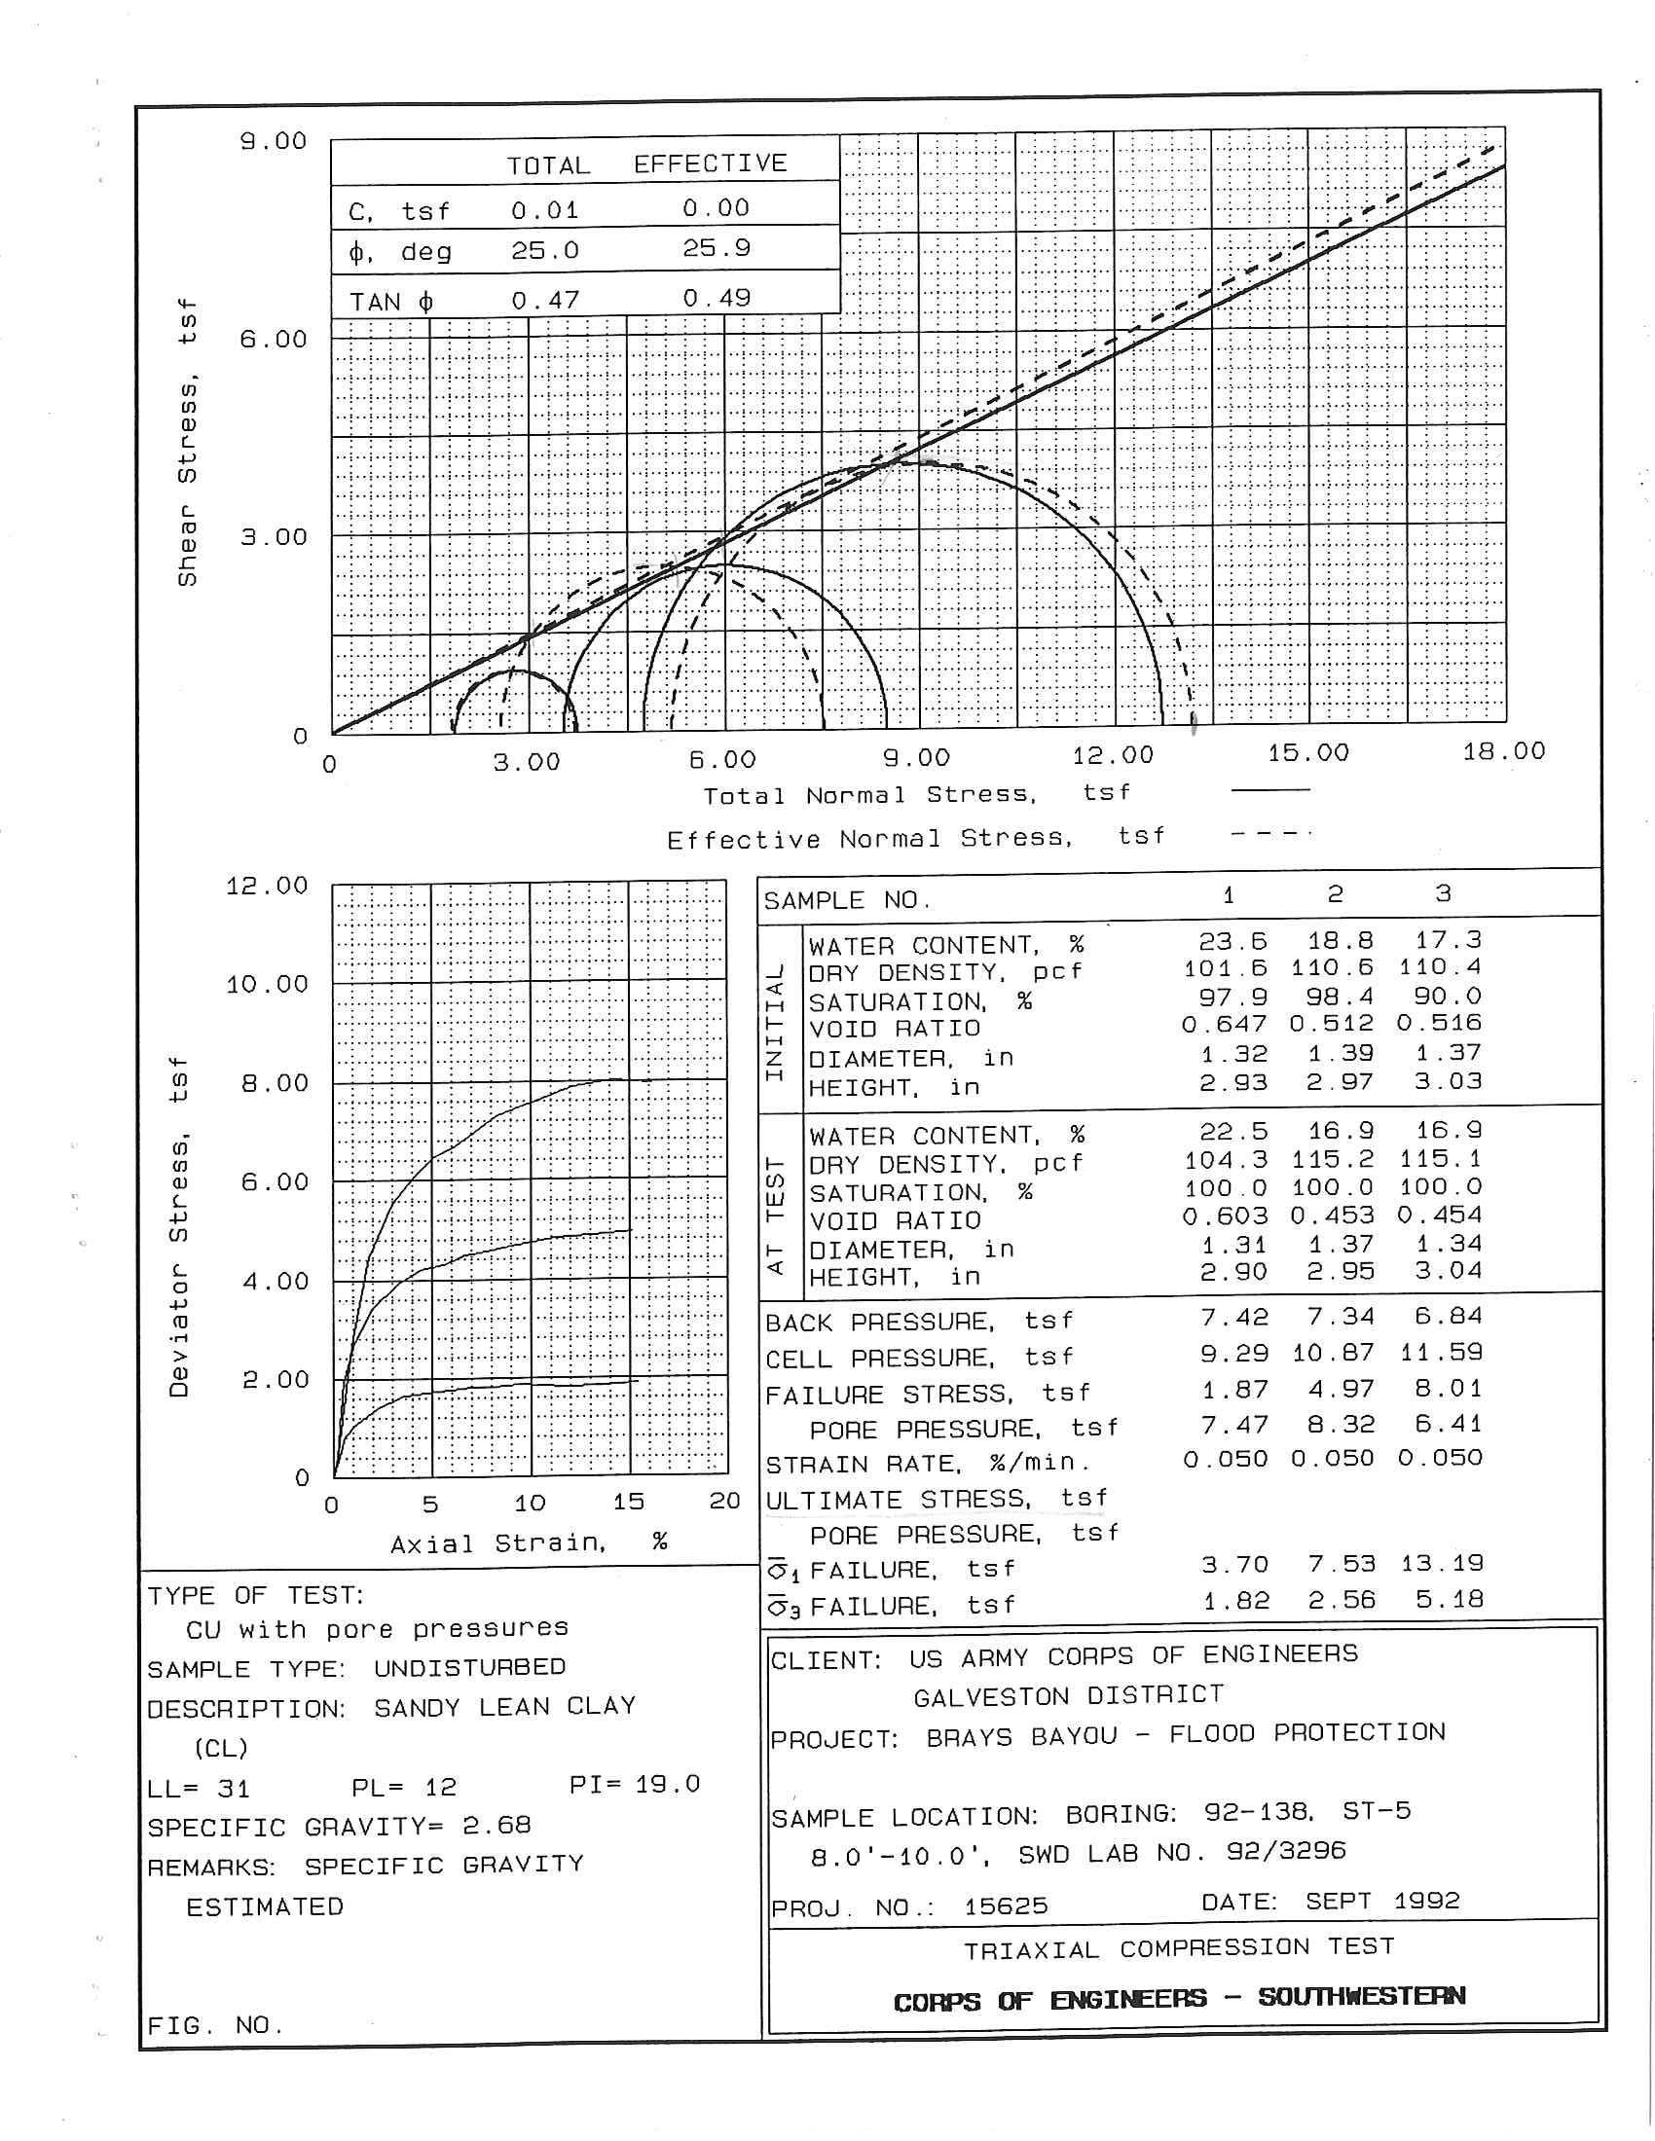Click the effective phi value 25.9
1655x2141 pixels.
pos(717,249)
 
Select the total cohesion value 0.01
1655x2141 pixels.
pos(545,211)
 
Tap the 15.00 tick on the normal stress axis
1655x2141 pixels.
pos(1307,754)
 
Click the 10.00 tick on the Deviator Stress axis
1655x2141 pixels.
pos(268,984)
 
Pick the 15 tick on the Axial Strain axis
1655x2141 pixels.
pos(629,1502)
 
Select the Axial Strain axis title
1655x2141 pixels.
pos(530,1543)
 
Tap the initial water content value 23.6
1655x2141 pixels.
pos(1232,942)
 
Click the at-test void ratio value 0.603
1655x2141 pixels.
pos(1225,1216)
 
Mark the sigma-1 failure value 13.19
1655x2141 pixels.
pos(1442,1564)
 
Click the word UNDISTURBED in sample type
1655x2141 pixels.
pos(469,1667)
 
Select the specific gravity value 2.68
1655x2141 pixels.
pos(497,1826)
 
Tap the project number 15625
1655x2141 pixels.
pos(1006,1906)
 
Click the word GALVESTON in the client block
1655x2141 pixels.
pos(990,1697)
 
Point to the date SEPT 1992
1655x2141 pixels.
pos(1382,1902)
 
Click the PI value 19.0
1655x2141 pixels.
pos(667,1784)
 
